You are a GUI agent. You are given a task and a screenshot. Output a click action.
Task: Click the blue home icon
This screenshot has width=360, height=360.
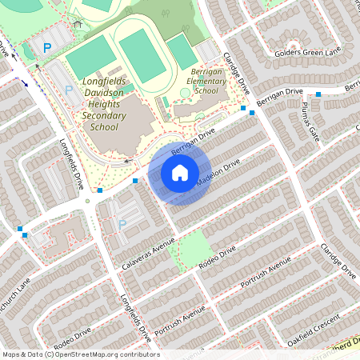180,172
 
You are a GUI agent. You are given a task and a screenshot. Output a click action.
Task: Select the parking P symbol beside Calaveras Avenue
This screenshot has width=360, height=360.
122,225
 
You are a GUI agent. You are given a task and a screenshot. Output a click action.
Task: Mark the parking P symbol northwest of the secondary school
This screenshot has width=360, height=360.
47,48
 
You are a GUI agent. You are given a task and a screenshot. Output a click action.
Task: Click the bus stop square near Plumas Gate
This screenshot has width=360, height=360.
318,94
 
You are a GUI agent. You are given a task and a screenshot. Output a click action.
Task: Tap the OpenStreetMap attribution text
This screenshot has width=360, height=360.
81,354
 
